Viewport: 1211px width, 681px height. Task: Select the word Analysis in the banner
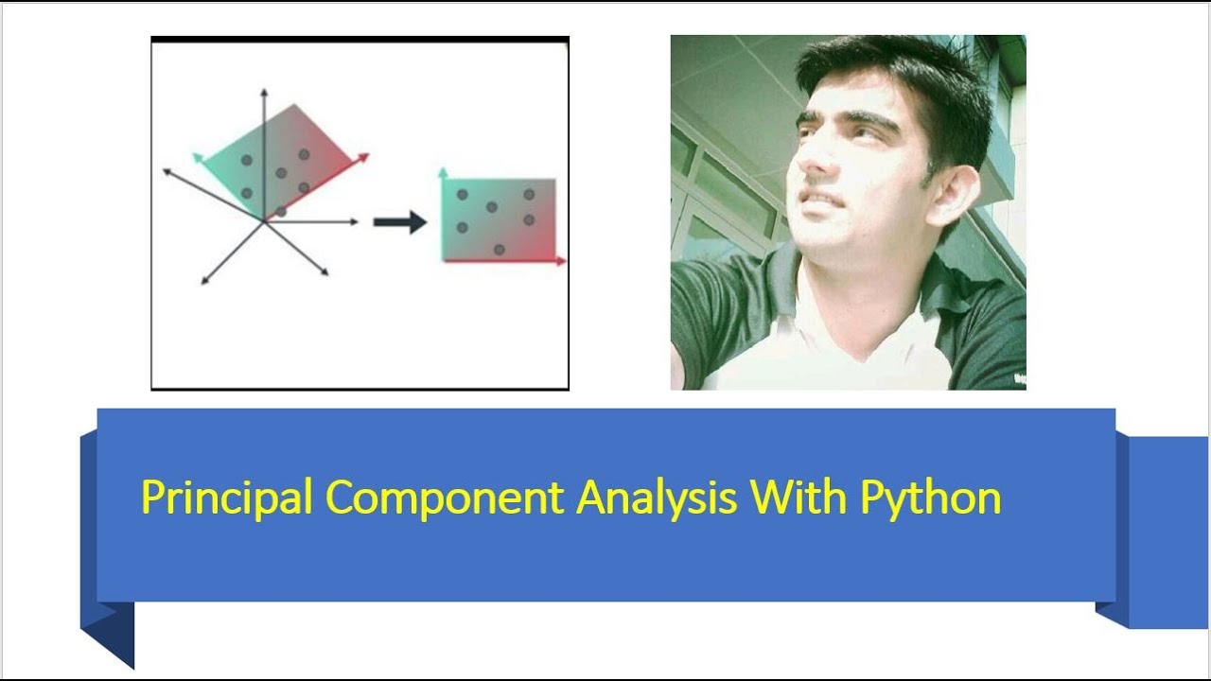point(657,498)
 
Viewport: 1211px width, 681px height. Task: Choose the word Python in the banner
point(930,498)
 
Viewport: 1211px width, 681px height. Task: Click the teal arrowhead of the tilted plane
point(198,157)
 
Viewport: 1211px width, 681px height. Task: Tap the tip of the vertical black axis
point(264,92)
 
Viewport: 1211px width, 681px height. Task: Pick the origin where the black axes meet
point(264,221)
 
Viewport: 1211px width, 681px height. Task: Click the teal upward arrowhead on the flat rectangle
point(443,173)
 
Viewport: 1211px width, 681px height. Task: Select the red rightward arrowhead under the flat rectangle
point(561,260)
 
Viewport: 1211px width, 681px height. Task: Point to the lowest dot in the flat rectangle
point(499,249)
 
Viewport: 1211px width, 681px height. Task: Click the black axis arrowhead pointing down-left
point(205,280)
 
